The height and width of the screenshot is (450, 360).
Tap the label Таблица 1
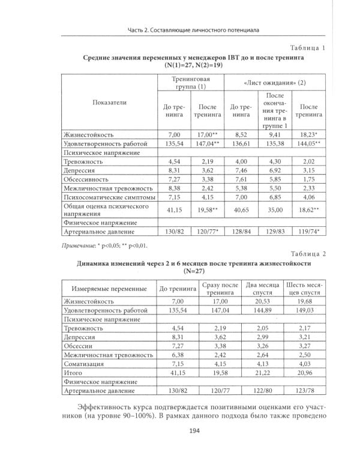pos(307,47)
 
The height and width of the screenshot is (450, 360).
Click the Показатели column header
pos(110,103)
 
